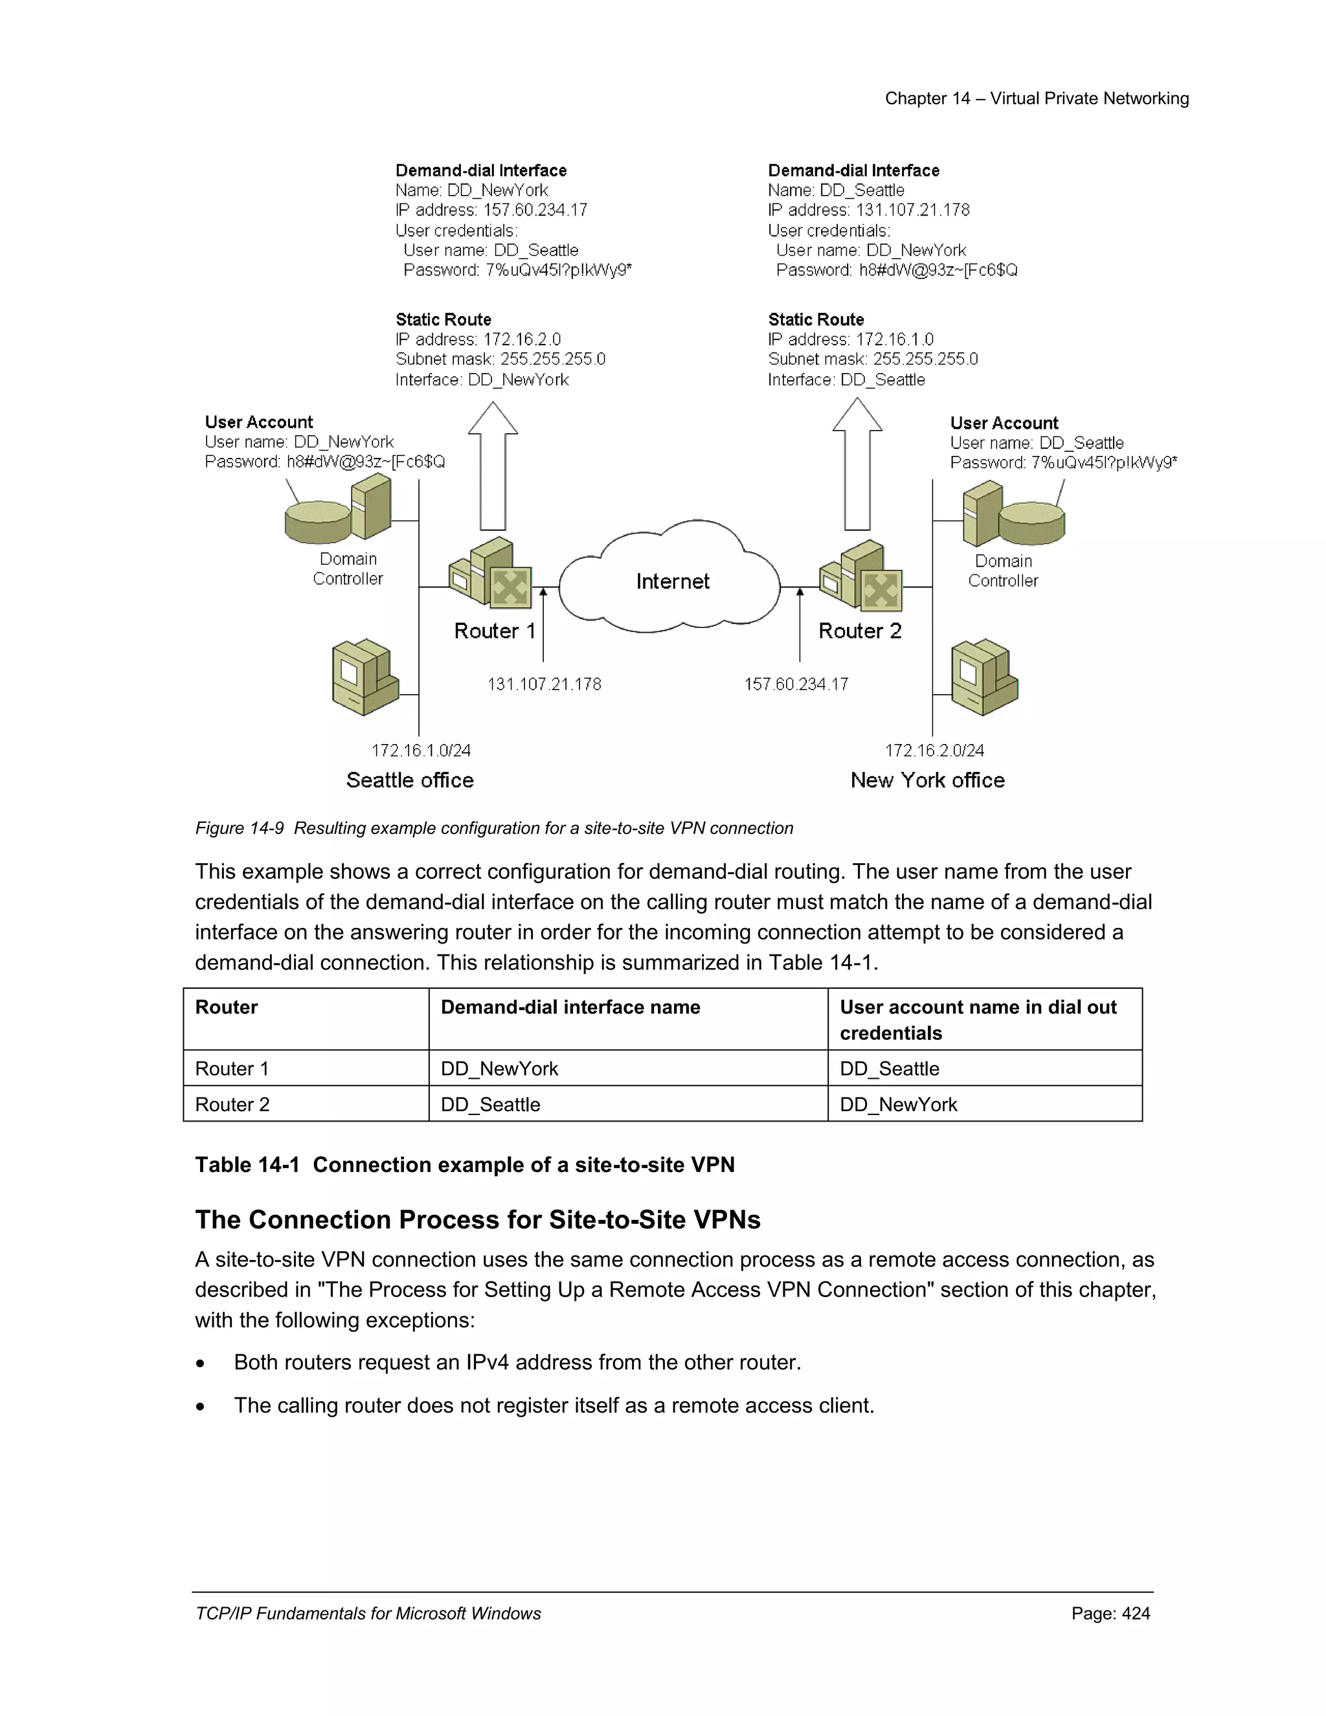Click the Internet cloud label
coord(673,581)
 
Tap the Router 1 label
coord(494,631)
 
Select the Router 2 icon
coord(862,576)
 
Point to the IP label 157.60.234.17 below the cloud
coord(796,684)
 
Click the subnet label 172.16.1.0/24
coord(421,751)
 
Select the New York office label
coord(927,780)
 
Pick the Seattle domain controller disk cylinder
coord(317,523)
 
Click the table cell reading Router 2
coord(232,1104)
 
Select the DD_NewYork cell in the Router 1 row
coord(500,1068)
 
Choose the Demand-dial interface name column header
coord(570,1008)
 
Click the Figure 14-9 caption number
coord(240,828)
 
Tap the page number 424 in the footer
coord(1135,1613)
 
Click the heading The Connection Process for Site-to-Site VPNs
coord(478,1219)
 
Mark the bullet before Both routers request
coord(201,1364)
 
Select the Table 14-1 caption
coord(464,1164)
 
